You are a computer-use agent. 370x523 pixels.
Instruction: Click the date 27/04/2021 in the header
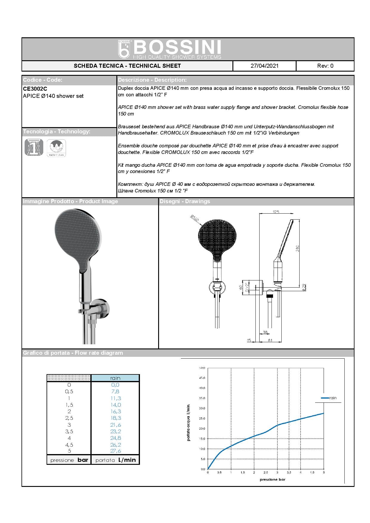pyautogui.click(x=264, y=66)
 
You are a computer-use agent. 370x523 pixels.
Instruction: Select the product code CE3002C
pyautogui.click(x=35, y=89)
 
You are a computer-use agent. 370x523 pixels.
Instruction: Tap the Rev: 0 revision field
pyautogui.click(x=325, y=66)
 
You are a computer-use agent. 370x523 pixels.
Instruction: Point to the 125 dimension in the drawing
pyautogui.click(x=276, y=212)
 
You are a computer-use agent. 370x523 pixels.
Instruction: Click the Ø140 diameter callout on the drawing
pyautogui.click(x=194, y=219)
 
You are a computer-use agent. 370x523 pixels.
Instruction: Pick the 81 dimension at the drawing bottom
pyautogui.click(x=270, y=340)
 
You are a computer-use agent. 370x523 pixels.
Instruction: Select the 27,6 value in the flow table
pyautogui.click(x=115, y=451)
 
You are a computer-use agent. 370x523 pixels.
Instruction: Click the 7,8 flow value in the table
pyautogui.click(x=115, y=391)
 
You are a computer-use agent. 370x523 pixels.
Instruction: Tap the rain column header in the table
pyautogui.click(x=115, y=378)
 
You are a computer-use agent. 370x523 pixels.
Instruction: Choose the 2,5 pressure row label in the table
pyautogui.click(x=69, y=418)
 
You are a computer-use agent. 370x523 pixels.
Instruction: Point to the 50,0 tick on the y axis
pyautogui.click(x=202, y=368)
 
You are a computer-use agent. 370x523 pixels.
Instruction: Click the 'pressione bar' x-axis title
pyautogui.click(x=272, y=480)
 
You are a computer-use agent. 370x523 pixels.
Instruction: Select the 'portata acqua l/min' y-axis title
pyautogui.click(x=188, y=422)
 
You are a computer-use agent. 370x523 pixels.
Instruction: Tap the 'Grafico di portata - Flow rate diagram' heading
pyautogui.click(x=73, y=353)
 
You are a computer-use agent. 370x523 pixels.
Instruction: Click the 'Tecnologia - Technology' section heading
pyautogui.click(x=56, y=132)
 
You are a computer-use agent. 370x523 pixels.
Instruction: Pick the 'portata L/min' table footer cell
pyautogui.click(x=115, y=460)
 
